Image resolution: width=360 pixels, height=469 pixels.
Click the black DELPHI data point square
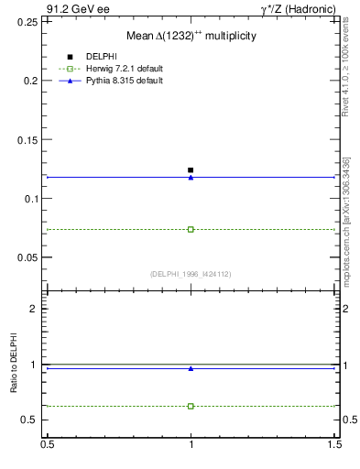191,170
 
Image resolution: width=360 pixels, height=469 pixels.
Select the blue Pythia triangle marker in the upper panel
191,177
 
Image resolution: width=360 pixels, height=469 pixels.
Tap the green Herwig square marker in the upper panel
191,229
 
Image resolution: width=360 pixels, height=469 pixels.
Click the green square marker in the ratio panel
191,406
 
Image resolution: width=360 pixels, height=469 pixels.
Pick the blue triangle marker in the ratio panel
191,368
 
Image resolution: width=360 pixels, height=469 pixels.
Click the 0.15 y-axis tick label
28,139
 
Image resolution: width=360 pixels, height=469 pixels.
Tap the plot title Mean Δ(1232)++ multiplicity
191,35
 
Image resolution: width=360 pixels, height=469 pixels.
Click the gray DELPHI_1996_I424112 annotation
191,274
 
